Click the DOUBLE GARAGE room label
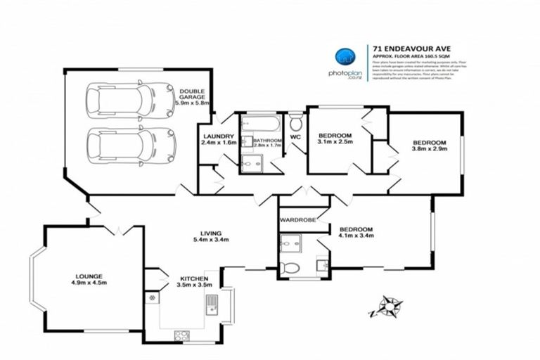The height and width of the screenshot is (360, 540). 192,97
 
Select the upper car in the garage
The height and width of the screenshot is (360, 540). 130,101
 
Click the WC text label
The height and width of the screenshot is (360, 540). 295,138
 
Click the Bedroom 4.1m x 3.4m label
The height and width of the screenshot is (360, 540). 356,233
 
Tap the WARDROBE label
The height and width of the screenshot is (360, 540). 297,220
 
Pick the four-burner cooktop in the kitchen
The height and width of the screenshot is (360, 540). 181,335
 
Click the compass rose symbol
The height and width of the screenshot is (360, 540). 386,307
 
